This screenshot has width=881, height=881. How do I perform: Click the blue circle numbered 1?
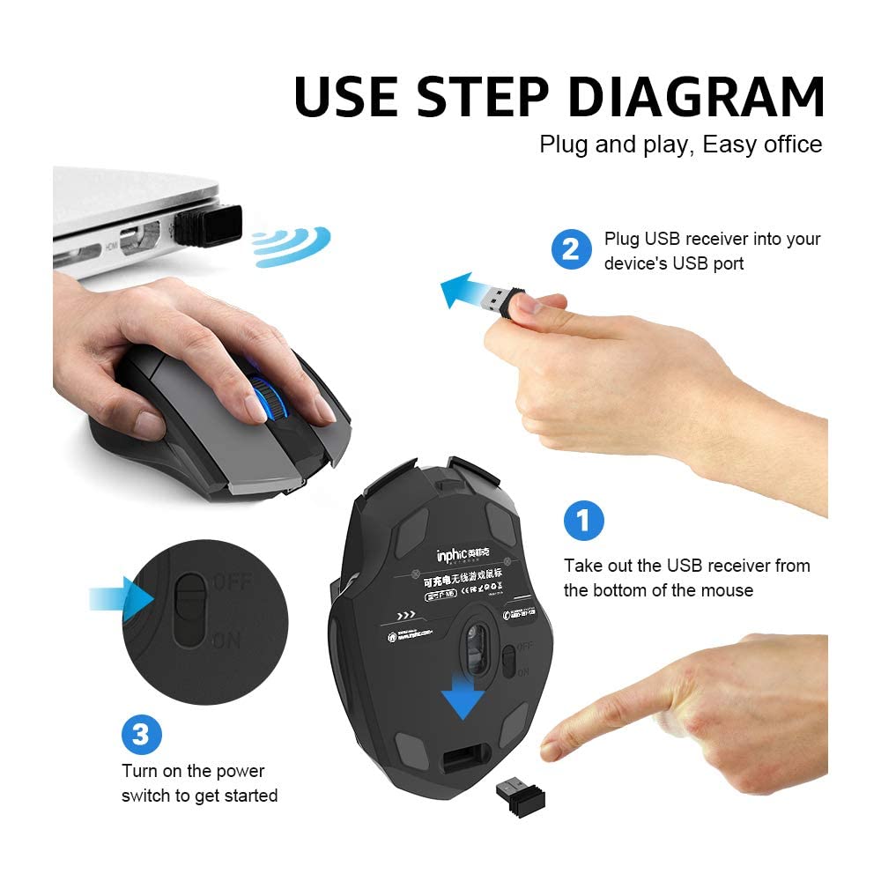click(583, 520)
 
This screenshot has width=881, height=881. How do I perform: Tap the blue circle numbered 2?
click(571, 249)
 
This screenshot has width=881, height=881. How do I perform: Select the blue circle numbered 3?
click(142, 734)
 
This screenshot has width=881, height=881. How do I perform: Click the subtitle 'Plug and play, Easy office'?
click(681, 144)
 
